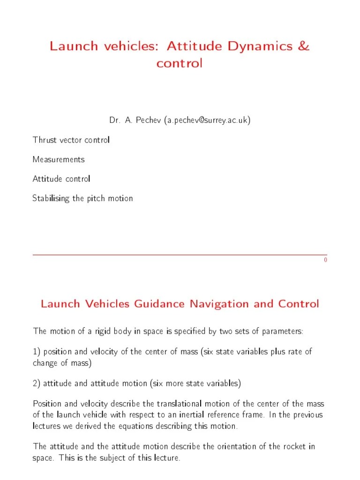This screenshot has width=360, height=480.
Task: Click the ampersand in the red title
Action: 303,46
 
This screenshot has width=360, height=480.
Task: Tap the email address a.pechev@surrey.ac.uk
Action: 207,120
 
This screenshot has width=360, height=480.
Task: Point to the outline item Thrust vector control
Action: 71,140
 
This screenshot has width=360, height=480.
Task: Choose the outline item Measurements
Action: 59,159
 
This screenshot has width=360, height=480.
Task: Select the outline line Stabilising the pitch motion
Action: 82,198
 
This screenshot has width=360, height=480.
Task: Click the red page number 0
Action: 325,260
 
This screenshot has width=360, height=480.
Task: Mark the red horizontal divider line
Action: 180,255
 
